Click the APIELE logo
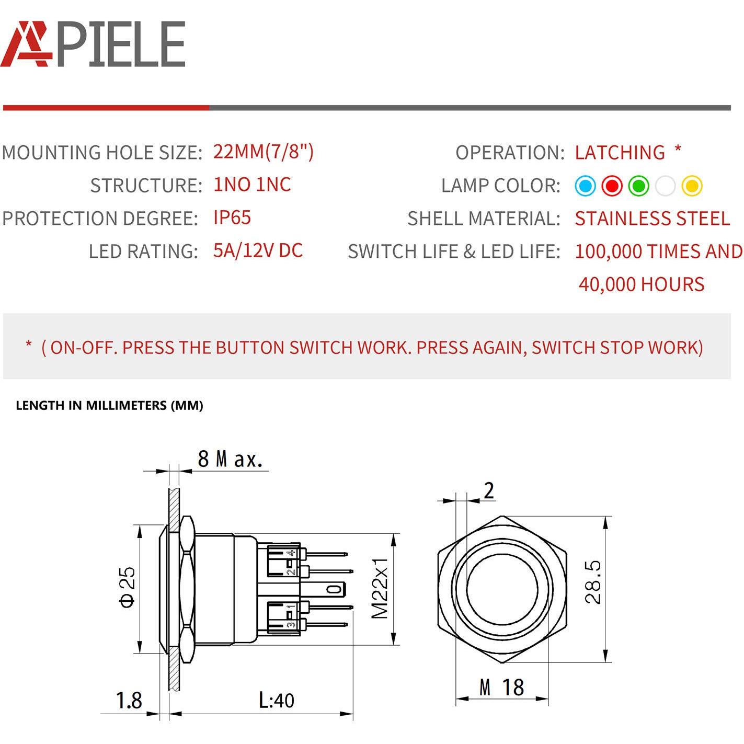tap(93, 44)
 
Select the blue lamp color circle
tap(585, 186)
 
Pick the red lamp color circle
tap(612, 186)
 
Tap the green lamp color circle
tap(638, 186)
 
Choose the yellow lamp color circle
tap(692, 186)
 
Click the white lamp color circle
tap(665, 186)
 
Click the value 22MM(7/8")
tap(263, 152)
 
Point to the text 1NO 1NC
tap(251, 185)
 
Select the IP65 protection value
tap(232, 218)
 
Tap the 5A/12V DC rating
tap(258, 250)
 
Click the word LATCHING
tap(620, 152)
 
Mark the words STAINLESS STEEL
tap(652, 218)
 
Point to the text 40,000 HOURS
tap(641, 284)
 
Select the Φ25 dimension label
tap(127, 587)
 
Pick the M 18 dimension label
tap(501, 687)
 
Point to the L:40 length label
tap(277, 700)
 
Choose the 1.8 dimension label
tap(129, 700)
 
